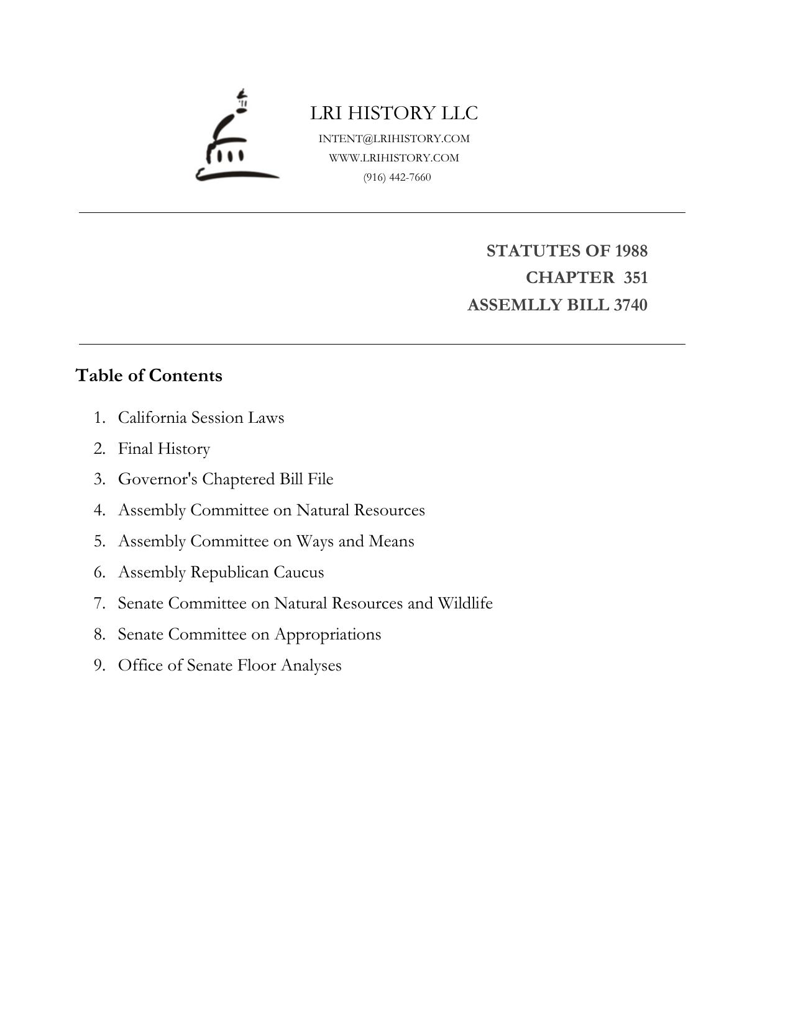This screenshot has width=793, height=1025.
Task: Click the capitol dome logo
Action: tap(236, 138)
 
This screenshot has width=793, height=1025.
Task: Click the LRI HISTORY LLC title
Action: tap(394, 113)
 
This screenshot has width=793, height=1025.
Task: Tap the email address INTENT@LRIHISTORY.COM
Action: tap(394, 138)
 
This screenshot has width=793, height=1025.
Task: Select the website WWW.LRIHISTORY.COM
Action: tap(394, 158)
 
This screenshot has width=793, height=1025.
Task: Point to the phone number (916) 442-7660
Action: tap(397, 177)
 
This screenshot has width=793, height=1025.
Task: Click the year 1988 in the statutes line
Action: tap(631, 251)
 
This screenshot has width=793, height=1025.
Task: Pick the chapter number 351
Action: tap(636, 278)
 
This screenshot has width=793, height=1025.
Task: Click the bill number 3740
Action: tap(630, 305)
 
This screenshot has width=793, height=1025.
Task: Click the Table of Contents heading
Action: tap(149, 376)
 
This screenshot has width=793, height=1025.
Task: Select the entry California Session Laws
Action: tap(201, 417)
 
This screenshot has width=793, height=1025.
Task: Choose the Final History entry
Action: tap(164, 448)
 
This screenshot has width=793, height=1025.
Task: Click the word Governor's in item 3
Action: tap(158, 479)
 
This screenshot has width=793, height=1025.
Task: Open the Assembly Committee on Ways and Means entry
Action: tap(266, 541)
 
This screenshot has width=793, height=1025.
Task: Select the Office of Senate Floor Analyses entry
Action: tap(229, 666)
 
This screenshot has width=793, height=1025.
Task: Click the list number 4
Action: tap(99, 510)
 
